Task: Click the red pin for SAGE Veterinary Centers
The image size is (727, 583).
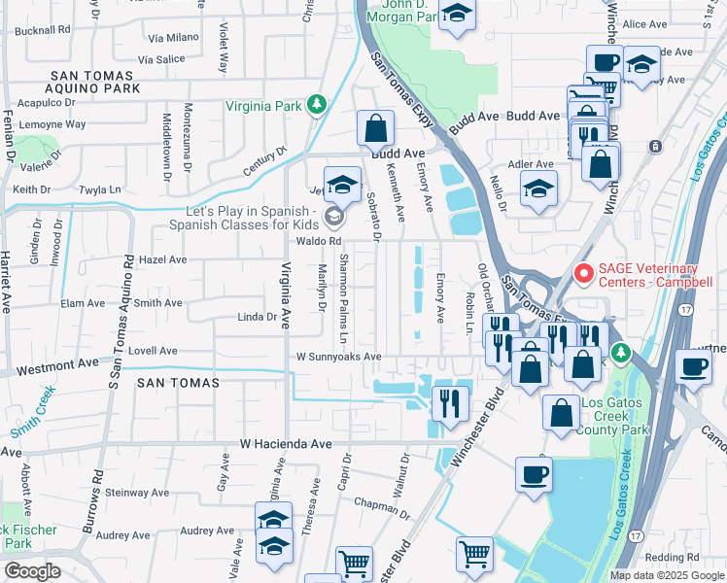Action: tap(583, 274)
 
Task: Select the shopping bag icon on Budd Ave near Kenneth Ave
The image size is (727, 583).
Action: tap(374, 127)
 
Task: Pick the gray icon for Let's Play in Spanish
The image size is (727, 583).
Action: tap(334, 216)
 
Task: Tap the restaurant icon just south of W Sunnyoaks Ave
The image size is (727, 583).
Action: tap(449, 402)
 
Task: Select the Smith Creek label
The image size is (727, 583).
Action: tap(34, 412)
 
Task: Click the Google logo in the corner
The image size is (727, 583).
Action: tap(31, 570)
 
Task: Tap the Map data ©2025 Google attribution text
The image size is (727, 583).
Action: tap(666, 575)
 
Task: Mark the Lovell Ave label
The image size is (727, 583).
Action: tap(153, 351)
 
